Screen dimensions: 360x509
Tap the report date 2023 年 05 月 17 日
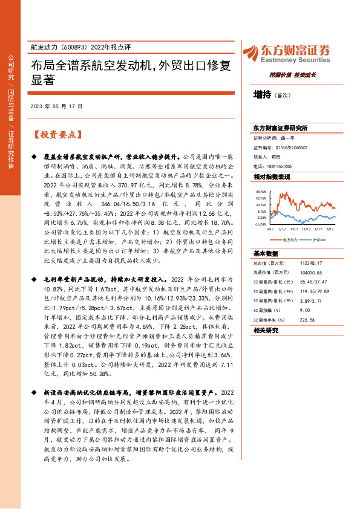(x=56, y=107)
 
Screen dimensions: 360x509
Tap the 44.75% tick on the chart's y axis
(x=262, y=190)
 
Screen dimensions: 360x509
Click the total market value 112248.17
(x=310, y=264)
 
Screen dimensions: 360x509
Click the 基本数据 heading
(x=264, y=253)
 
